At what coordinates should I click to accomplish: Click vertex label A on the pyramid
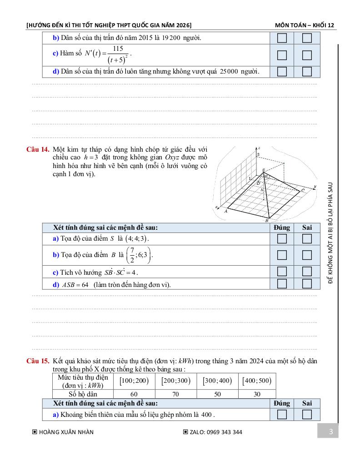tap(226, 211)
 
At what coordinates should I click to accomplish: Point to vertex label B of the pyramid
tap(267, 221)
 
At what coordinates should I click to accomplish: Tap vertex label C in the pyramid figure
tap(303, 190)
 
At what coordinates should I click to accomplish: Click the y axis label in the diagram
tap(315, 186)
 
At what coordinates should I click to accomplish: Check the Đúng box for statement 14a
tap(282, 238)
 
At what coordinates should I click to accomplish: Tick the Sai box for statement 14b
tap(307, 255)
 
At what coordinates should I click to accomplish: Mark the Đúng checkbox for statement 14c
tap(282, 272)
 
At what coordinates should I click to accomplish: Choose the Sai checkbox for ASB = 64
tap(307, 284)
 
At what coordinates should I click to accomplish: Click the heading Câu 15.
tap(38, 361)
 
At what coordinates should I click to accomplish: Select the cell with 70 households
tap(175, 394)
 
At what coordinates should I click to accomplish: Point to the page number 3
tap(331, 431)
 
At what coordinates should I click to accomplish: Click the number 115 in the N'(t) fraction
tap(118, 49)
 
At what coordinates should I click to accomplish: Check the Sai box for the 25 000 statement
tap(307, 71)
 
